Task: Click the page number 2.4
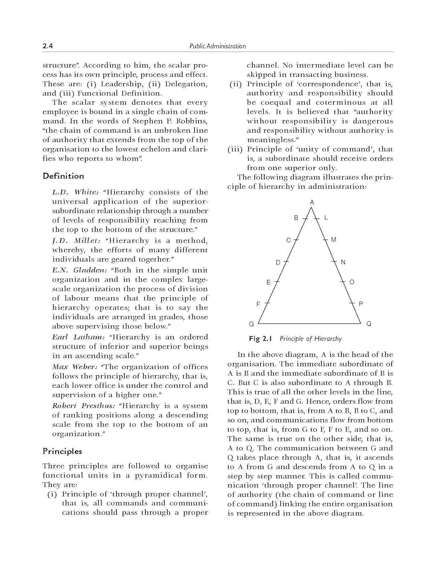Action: [48, 46]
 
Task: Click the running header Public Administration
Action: [217, 46]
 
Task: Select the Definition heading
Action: [63, 176]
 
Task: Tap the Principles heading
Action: [62, 451]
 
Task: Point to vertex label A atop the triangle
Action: [312, 202]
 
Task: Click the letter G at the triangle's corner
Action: [251, 324]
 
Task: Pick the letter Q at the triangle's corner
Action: [368, 324]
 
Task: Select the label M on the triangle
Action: [334, 240]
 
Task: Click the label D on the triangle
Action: [278, 262]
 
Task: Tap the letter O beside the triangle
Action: [352, 282]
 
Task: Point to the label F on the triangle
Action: [258, 304]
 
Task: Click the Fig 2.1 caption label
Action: [259, 339]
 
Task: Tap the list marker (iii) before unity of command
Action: [235, 149]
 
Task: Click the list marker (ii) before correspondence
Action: [236, 84]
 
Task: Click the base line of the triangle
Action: [309, 323]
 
